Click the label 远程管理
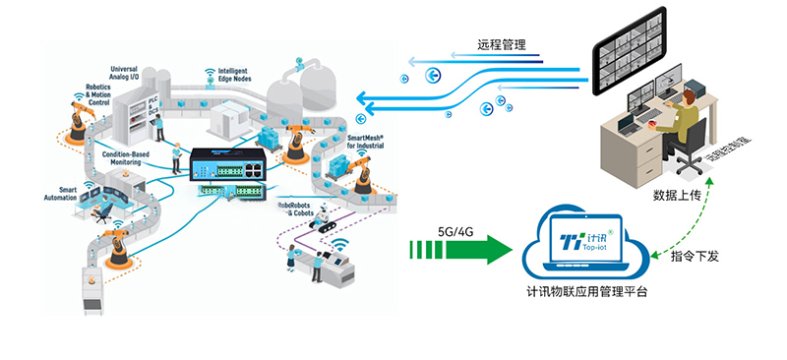pos(501,45)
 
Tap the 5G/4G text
pos(457,232)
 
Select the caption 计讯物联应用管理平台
pos(586,292)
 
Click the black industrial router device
pos(228,162)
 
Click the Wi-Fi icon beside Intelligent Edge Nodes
pos(210,73)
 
